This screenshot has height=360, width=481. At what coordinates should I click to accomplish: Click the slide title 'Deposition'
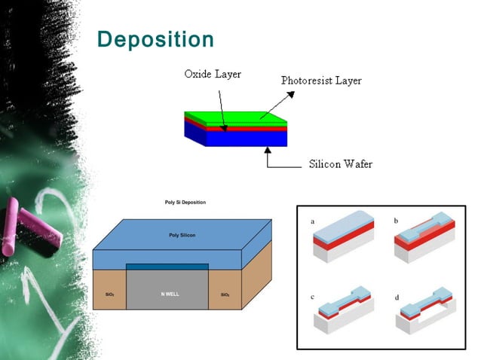point(156,39)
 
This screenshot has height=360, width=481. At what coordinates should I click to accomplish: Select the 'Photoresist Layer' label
point(321,80)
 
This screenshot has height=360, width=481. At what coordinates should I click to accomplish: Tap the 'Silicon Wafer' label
point(341,163)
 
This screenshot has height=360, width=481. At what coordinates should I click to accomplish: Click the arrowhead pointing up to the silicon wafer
point(267,150)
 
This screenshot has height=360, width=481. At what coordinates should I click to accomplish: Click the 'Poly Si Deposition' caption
point(185,203)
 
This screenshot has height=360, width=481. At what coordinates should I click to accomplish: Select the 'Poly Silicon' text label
point(182,236)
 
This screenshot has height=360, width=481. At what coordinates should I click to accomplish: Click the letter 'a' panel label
point(312,221)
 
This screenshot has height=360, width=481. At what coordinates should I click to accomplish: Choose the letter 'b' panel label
point(396,221)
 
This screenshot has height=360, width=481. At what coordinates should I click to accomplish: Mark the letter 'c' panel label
point(312,297)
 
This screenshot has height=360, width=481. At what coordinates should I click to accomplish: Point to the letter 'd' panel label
point(397,297)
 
